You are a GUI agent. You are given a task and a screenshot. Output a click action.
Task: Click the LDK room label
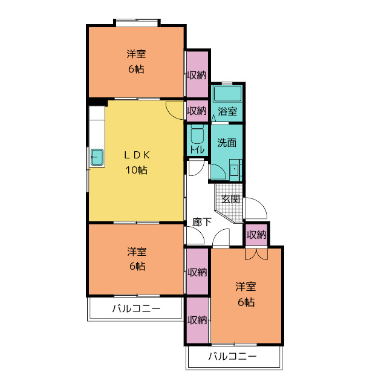pos(137,155)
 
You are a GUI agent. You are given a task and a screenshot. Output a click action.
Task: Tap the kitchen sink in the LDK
pos(97,157)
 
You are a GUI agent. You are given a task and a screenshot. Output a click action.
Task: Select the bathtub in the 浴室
pos(227,94)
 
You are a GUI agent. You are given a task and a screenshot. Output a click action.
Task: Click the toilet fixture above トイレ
pos(197,134)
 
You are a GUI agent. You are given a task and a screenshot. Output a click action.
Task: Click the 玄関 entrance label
pos(230,199)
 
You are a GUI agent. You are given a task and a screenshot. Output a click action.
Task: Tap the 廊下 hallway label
pos(202,222)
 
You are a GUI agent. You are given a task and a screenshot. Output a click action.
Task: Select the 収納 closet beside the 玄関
pos(256,235)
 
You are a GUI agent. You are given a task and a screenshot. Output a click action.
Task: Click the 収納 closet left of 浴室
pos(197,111)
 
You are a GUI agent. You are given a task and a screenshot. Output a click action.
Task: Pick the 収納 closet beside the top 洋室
pos(197,74)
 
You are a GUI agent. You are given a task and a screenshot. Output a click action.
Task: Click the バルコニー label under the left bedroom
pos(137,308)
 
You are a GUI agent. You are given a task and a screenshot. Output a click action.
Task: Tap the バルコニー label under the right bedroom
pos(233,356)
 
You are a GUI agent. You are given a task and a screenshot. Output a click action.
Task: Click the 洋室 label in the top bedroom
pos(136,54)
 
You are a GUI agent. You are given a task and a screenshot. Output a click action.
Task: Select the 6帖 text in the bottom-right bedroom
pos(246,302)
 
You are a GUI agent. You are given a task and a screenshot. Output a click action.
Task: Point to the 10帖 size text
pos(137,170)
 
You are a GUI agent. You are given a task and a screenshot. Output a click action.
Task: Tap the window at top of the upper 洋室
pos(137,22)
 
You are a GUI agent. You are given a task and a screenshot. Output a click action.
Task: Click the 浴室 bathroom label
pos(227,111)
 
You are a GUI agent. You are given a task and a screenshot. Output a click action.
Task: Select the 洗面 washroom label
pos(227,143)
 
